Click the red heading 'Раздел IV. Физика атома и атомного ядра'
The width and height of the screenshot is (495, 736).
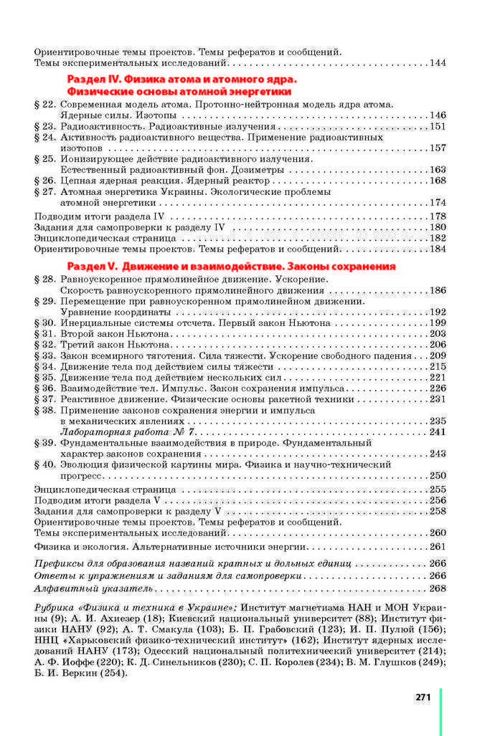181,80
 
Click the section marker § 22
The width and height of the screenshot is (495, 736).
44,105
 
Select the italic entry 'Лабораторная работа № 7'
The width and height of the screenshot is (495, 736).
128,432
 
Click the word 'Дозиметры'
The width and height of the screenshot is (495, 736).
258,170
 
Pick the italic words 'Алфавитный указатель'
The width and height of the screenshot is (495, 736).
94,588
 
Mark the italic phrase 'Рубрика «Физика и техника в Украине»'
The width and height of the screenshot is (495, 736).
136,608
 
